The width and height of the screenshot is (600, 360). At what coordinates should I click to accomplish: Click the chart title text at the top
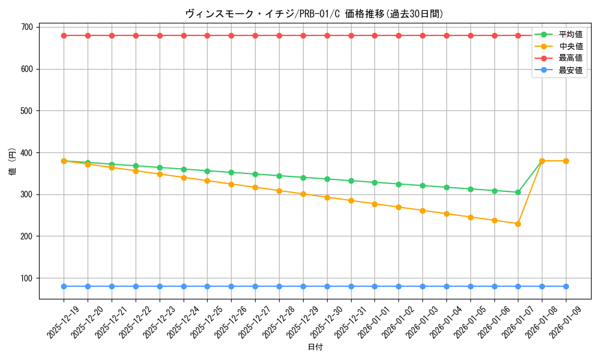coord(314,14)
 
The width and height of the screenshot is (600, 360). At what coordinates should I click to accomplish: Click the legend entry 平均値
coord(570,34)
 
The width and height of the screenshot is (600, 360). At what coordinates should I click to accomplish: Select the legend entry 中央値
coord(570,46)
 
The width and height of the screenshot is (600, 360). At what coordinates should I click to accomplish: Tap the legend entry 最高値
coord(570,58)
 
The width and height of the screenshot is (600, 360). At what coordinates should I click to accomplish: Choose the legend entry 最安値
coord(570,70)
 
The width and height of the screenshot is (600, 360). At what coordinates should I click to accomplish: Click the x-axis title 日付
coord(315,347)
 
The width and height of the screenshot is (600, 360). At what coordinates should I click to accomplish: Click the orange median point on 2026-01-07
coord(518,224)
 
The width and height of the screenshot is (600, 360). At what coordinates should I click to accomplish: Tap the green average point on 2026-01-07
coord(518,192)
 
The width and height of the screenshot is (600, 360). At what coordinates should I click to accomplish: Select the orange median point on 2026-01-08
coord(542,161)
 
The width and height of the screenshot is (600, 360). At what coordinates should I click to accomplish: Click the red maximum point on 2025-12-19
coord(64,35)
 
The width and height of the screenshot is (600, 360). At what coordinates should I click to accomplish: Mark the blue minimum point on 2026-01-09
coord(566,286)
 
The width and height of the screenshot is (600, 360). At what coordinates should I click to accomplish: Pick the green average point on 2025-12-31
coord(351,181)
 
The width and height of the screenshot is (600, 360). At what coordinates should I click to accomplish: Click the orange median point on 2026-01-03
coord(422,211)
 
